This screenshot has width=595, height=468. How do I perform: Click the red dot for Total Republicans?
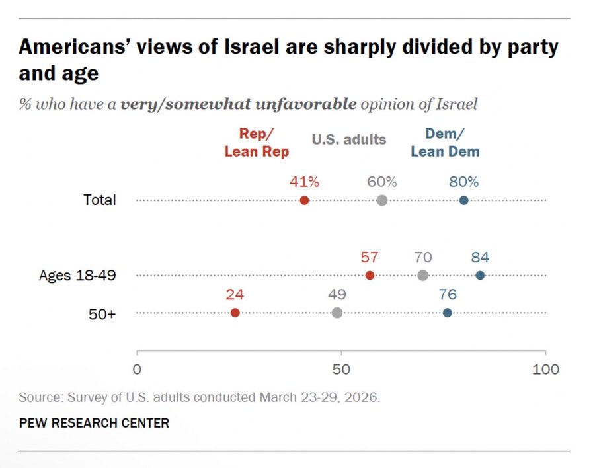click(x=304, y=200)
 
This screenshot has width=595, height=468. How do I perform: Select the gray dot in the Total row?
click(x=382, y=200)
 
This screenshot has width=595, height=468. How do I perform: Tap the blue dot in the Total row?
click(x=463, y=200)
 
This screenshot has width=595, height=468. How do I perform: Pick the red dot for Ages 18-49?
click(x=370, y=275)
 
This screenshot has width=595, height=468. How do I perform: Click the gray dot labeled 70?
click(x=423, y=275)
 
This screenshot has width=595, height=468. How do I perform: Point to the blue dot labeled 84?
click(x=480, y=275)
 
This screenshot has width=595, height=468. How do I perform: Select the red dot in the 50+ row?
click(x=235, y=313)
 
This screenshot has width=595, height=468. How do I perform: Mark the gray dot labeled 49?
click(x=337, y=313)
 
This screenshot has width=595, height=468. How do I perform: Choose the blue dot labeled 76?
click(x=448, y=313)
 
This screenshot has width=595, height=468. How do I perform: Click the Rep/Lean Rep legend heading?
click(x=257, y=143)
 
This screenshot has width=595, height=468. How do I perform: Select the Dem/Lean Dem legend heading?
click(x=445, y=143)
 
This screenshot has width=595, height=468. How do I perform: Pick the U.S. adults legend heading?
click(x=348, y=139)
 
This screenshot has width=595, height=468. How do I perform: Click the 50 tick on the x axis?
click(x=341, y=369)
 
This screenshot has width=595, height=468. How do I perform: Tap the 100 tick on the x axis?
click(x=545, y=369)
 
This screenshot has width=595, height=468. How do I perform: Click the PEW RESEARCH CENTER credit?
click(x=94, y=422)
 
